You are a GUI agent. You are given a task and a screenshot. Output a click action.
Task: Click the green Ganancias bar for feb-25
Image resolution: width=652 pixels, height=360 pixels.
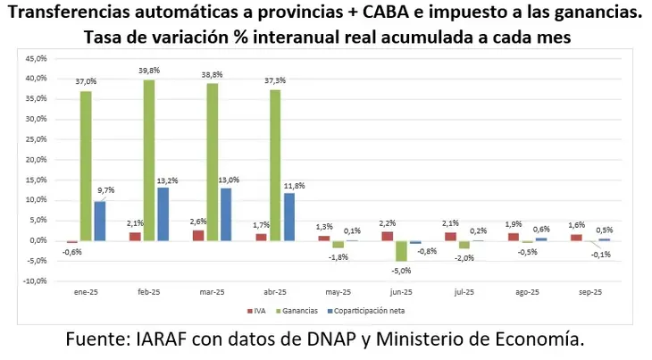coord(149,160)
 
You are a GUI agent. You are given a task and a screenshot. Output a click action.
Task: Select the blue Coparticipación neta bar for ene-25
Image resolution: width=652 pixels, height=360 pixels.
coord(100,221)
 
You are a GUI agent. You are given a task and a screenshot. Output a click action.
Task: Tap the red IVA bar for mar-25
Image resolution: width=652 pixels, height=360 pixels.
coord(198,235)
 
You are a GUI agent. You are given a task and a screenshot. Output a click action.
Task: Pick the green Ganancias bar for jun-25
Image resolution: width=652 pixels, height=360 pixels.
coord(402,250)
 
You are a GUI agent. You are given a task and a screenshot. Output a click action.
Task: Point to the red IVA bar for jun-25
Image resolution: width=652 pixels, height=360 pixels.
coord(387,236)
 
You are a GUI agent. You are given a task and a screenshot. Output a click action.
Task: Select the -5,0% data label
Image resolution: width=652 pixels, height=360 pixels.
coord(402,271)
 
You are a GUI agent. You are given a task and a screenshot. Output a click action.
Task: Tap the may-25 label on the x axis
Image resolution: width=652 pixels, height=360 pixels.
coord(338,292)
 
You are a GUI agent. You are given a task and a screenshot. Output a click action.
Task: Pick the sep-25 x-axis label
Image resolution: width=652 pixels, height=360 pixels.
coord(590,292)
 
